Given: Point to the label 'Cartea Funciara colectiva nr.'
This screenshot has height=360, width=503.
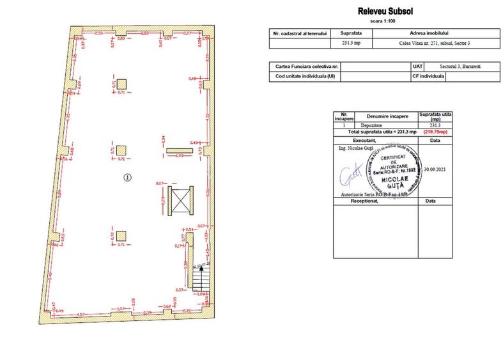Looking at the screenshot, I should (306, 67).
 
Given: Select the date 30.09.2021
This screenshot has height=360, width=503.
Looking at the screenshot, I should (435, 170).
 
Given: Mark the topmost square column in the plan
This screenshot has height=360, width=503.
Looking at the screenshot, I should (121, 84).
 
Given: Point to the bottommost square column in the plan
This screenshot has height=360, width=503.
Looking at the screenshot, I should (121, 235).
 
